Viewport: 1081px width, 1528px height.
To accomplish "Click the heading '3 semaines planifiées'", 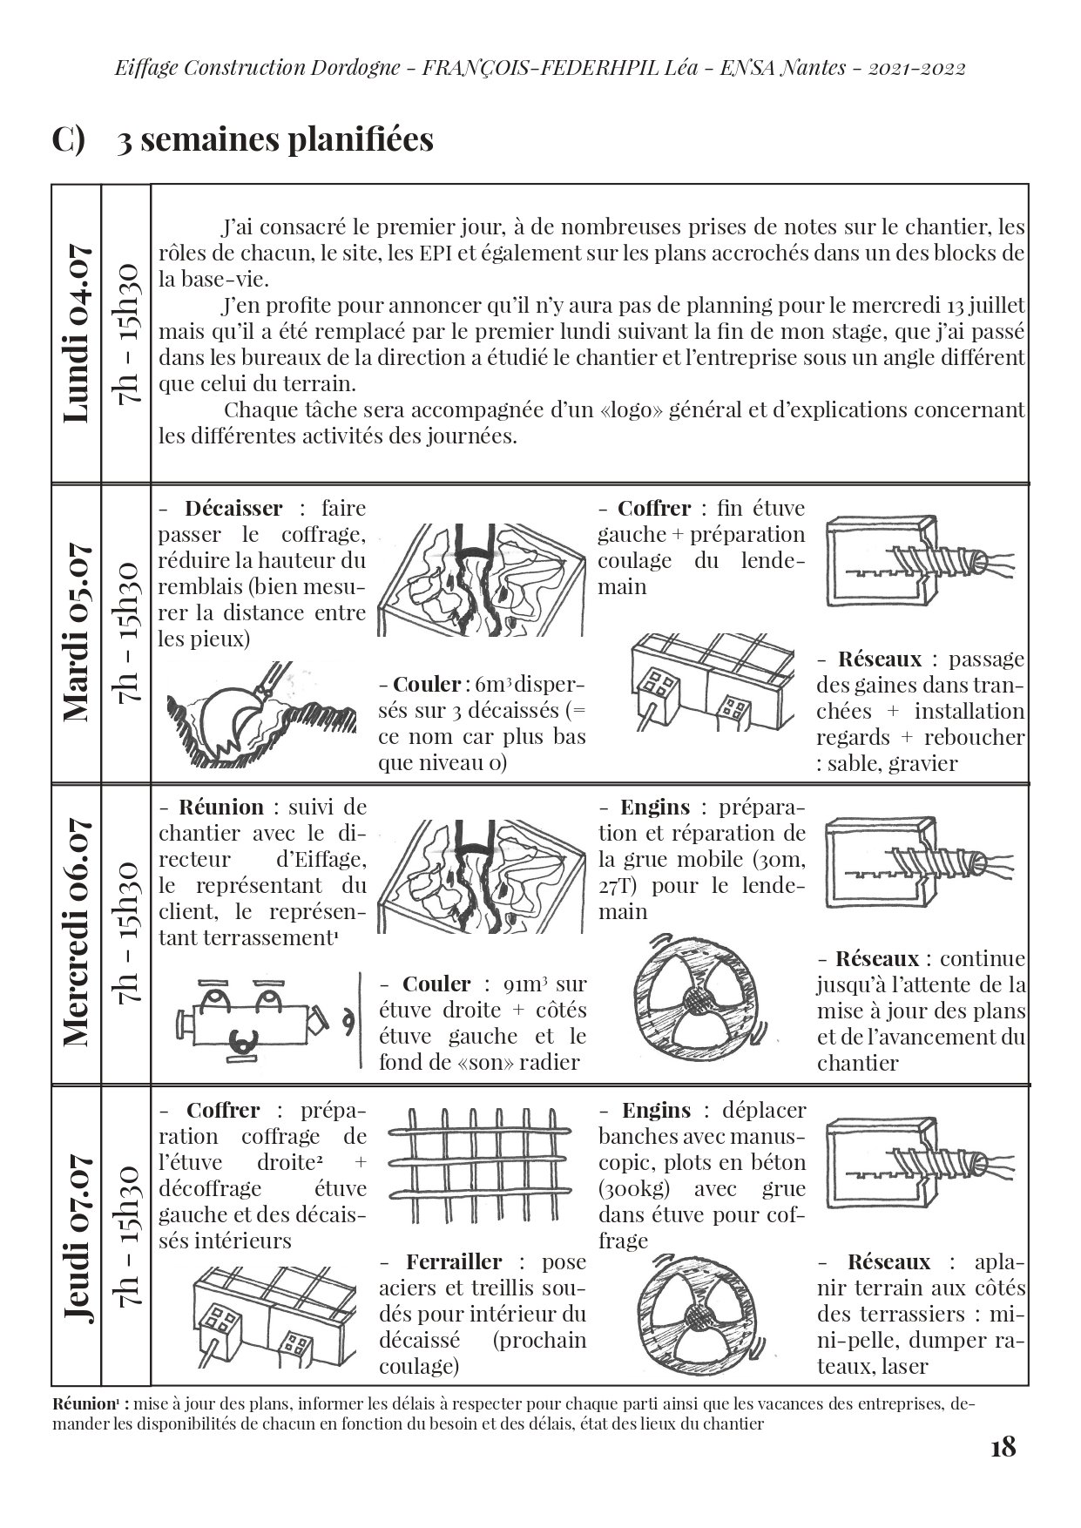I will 275,139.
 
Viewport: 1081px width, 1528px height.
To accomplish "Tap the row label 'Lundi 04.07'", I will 77,335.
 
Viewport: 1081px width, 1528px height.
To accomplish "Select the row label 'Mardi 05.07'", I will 77,632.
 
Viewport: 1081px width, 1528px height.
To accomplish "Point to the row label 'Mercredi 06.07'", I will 77,932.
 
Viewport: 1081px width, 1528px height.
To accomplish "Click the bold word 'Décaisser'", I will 233,508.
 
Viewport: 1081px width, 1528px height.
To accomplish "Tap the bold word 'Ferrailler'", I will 454,1261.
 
